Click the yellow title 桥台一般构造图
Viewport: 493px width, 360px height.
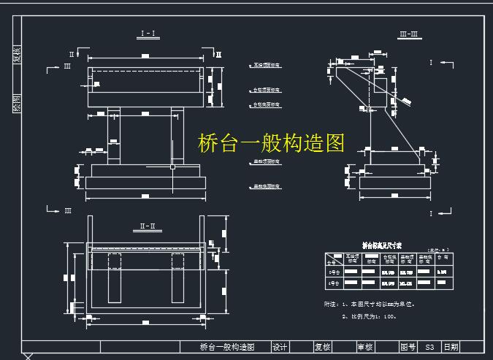(x=271, y=143)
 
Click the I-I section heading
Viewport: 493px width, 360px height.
(x=146, y=34)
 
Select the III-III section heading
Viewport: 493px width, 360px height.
(x=408, y=34)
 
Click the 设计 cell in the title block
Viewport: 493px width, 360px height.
(x=280, y=348)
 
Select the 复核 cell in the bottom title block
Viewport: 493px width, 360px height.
(x=323, y=348)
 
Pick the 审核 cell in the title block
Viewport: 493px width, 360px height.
(x=365, y=348)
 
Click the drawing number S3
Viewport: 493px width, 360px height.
(x=429, y=348)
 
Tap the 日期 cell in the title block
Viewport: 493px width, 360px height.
(x=451, y=348)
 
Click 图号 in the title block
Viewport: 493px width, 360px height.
(x=408, y=348)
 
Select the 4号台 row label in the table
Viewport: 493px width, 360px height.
(x=333, y=282)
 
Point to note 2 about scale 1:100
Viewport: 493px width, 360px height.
(x=370, y=316)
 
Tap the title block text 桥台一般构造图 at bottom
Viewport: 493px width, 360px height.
(x=226, y=348)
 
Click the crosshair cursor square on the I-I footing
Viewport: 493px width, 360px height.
(x=172, y=167)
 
